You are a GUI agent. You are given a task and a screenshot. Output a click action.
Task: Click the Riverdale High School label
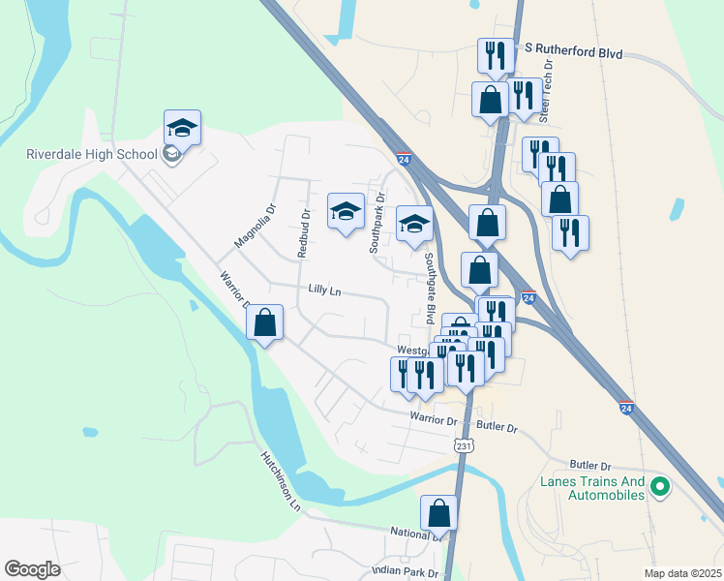click(x=92, y=155)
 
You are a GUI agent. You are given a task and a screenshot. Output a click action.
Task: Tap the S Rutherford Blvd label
click(x=574, y=53)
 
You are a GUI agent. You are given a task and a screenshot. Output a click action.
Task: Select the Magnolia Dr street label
click(x=256, y=225)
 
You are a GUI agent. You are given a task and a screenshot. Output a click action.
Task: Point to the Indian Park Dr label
click(x=406, y=571)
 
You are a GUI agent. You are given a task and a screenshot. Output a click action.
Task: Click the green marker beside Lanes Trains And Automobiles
click(x=661, y=487)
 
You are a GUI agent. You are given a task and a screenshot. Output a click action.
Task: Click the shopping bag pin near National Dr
click(x=438, y=512)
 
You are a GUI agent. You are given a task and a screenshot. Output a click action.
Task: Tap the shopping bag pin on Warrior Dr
click(x=264, y=323)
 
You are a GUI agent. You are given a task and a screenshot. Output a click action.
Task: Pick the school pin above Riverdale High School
click(x=182, y=127)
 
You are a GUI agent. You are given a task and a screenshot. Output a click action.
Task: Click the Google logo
click(x=33, y=569)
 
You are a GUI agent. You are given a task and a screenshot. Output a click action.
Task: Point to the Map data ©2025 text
click(x=682, y=573)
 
